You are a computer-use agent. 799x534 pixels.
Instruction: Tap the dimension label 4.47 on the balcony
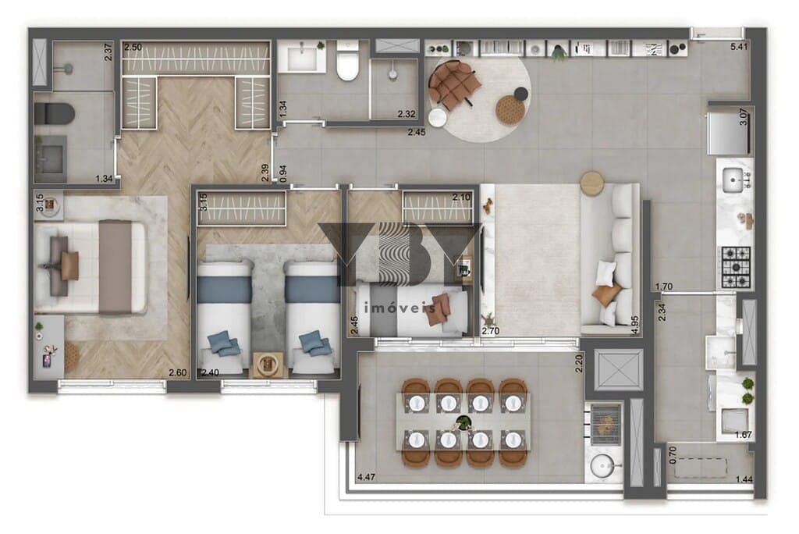pos(368,477)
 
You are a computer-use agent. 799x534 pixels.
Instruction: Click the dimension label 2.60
pos(179,372)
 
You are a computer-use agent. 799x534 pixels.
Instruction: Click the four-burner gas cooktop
pos(735,265)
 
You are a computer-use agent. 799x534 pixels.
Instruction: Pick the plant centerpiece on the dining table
pos(463,424)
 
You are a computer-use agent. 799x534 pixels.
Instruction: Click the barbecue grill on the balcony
pos(606,422)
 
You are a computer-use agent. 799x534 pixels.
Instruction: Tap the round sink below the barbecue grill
pos(603,468)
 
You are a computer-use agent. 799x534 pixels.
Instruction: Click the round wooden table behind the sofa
pos(592,183)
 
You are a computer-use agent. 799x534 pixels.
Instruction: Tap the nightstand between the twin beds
pos(270,365)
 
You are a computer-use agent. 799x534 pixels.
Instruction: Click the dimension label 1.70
pos(665,287)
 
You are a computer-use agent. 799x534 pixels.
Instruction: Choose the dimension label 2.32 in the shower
pos(406,115)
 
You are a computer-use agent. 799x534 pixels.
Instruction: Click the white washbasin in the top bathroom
pos(302,57)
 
